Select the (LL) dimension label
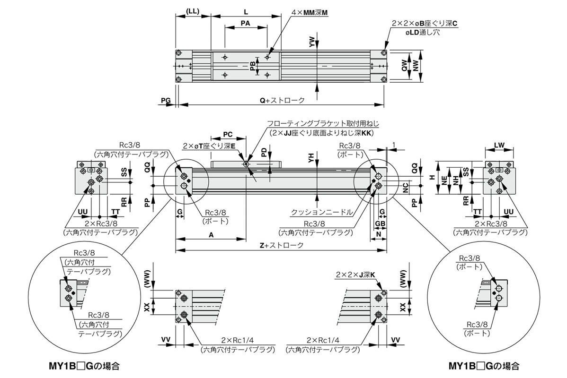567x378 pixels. tap(193, 11)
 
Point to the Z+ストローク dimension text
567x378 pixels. tap(282, 246)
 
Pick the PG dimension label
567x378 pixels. tap(165, 100)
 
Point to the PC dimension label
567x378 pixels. tap(228, 134)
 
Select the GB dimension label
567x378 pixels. tap(379, 223)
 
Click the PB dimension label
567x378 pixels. tap(253, 66)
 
